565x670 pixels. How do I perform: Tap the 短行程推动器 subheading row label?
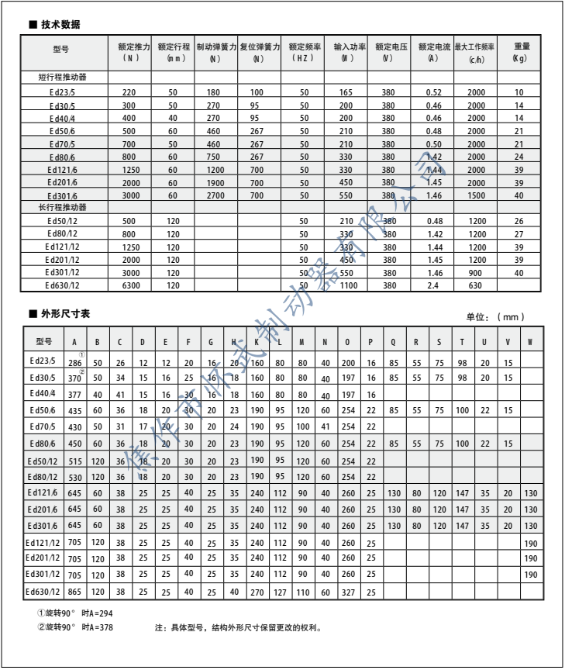point(68,78)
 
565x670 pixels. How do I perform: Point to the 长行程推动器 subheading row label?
point(68,208)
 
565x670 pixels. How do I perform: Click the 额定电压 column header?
point(388,51)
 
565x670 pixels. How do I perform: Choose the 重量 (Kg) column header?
point(522,51)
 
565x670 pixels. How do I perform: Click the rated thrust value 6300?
point(129,285)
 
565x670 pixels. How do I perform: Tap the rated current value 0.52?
point(434,92)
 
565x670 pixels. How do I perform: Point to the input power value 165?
point(346,92)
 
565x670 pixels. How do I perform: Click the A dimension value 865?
point(74,593)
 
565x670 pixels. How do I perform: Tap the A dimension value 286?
point(74,362)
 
